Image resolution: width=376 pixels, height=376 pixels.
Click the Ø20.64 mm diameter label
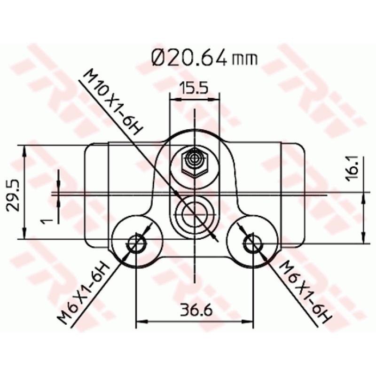204,58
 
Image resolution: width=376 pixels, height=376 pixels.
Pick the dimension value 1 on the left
45,219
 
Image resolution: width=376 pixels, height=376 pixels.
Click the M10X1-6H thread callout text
112,102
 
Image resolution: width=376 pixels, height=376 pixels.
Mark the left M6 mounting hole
137,243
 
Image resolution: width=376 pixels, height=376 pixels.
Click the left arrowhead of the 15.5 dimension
173,99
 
